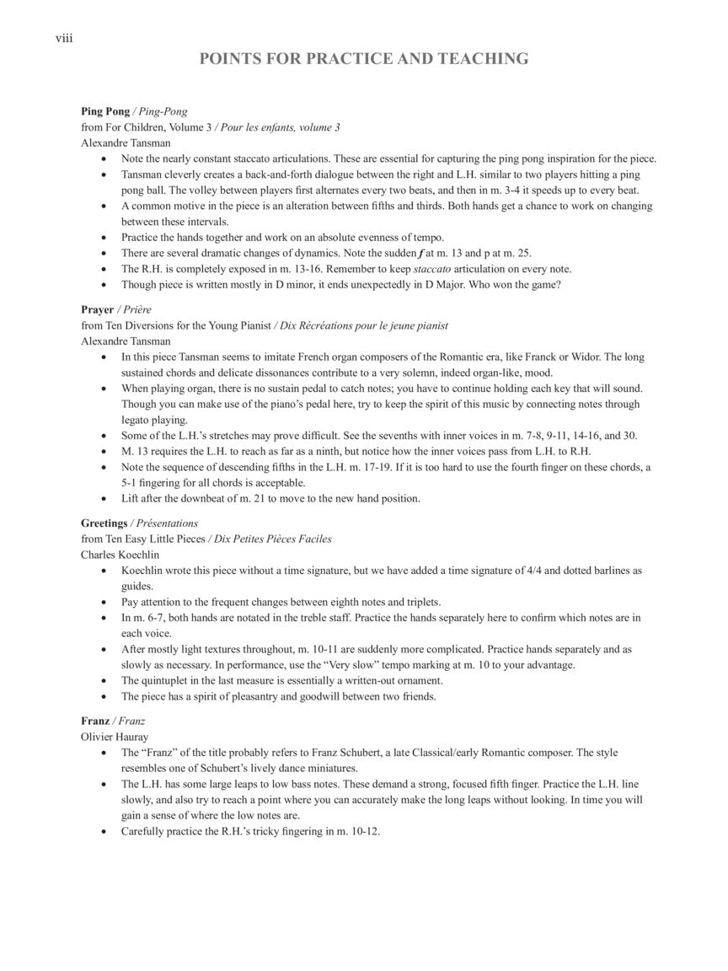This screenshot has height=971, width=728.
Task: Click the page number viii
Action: click(64, 38)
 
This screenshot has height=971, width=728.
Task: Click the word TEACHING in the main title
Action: click(484, 59)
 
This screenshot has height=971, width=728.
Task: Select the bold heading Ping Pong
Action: click(105, 111)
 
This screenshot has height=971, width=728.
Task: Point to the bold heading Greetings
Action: click(104, 523)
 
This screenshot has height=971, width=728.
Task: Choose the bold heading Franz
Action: click(95, 721)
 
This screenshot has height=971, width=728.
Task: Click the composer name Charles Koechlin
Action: click(120, 555)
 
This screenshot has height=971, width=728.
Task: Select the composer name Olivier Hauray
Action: click(115, 737)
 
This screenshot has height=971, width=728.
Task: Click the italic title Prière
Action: click(137, 309)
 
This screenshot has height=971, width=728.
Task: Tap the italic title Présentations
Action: click(167, 523)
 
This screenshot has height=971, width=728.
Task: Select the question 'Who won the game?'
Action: click(515, 285)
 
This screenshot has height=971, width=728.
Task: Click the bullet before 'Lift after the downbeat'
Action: click(104, 499)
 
